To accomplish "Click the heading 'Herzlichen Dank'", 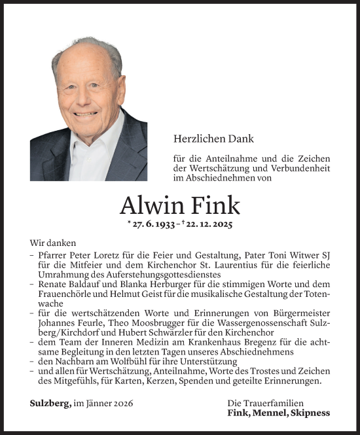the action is (213, 139).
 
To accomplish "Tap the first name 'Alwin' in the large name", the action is (147, 206).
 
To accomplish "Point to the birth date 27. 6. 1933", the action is (153, 224).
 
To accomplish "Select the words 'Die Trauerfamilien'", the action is (264, 404).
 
